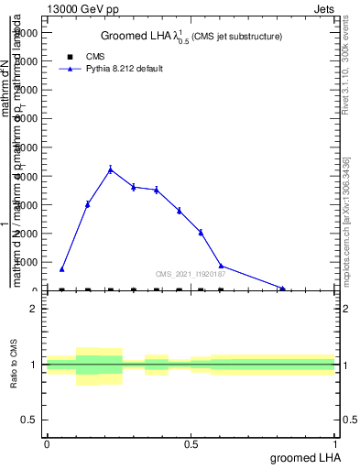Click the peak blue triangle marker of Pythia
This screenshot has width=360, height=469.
[x=111, y=169]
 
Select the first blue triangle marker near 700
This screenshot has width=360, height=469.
[x=61, y=269]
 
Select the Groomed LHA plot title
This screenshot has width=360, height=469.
[x=191, y=36]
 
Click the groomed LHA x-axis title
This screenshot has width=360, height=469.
[x=303, y=457]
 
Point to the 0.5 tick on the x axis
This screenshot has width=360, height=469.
[x=191, y=444]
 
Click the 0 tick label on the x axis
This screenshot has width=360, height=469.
[x=47, y=444]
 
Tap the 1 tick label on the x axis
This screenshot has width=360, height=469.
[x=336, y=444]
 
